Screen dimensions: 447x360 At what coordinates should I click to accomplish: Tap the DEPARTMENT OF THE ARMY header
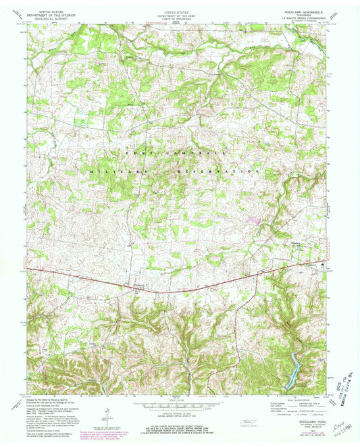pos(179,11)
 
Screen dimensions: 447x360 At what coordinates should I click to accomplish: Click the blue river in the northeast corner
pos(312,45)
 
